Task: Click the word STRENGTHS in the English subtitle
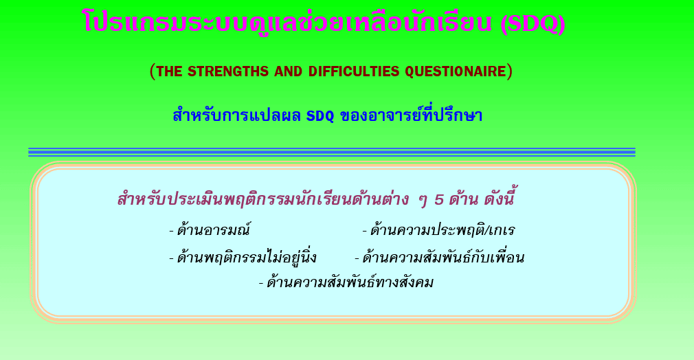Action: (227, 71)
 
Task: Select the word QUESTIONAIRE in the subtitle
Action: (456, 71)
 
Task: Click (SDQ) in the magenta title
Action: (533, 23)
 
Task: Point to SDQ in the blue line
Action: (320, 116)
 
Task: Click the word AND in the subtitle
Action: (288, 71)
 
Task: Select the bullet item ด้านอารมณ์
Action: (210, 230)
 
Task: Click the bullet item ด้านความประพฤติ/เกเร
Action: (438, 230)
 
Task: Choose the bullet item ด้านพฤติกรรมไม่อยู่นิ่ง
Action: (243, 257)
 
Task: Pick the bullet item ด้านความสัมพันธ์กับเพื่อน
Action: (440, 257)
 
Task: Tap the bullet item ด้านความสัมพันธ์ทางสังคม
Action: (346, 282)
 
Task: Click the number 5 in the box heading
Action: (438, 200)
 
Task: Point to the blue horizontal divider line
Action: (331, 153)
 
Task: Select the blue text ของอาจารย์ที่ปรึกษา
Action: (411, 115)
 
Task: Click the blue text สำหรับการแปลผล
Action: (237, 115)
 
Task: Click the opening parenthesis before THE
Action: (153, 71)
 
